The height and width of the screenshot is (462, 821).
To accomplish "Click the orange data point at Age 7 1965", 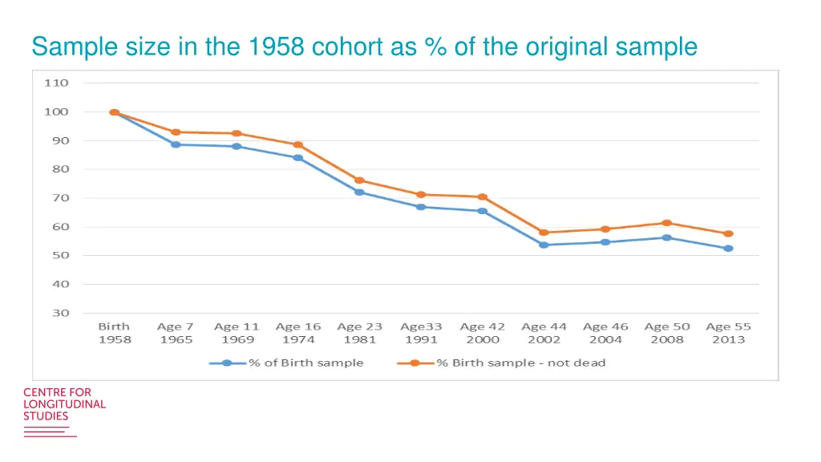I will click(176, 132).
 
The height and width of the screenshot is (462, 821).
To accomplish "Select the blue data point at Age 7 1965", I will click(176, 144).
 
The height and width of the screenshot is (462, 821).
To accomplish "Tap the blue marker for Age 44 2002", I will click(544, 245).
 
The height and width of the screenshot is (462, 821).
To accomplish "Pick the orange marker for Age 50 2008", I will click(666, 223).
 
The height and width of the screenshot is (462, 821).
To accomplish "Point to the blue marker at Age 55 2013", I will click(728, 249).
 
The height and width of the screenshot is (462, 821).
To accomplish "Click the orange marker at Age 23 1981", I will click(360, 180).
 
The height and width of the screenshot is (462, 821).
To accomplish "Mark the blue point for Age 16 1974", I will click(298, 158).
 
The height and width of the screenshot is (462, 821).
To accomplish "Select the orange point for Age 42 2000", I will click(483, 197).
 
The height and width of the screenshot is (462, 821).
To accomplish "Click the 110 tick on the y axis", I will click(61, 83).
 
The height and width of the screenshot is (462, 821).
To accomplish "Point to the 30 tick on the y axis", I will click(61, 313).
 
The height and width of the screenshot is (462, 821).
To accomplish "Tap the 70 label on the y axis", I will click(61, 198).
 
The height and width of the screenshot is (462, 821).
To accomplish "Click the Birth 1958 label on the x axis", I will click(115, 333).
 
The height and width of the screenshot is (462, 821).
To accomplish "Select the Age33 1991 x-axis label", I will click(421, 333).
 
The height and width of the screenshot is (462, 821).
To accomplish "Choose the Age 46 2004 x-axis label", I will click(605, 333).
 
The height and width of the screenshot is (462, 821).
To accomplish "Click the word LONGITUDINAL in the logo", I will click(64, 404).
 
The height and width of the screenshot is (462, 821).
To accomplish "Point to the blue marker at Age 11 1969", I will click(237, 147).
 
